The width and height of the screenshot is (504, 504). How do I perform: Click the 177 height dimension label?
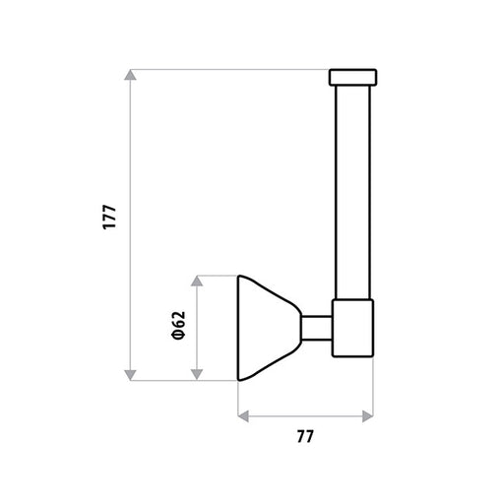109,217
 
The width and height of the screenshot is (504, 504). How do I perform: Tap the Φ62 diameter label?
179,325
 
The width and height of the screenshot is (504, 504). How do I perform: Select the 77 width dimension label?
305,436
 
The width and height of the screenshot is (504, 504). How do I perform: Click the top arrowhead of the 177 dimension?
130,75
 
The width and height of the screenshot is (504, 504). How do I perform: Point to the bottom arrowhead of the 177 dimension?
130,375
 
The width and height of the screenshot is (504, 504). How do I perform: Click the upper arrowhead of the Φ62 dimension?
197,281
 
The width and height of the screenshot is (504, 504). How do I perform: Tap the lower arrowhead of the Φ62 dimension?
197,375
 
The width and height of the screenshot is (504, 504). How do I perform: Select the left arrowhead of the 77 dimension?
243,416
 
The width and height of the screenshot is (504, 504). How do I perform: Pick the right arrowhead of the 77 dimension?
368,416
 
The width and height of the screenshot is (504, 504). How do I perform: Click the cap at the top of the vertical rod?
352,78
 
